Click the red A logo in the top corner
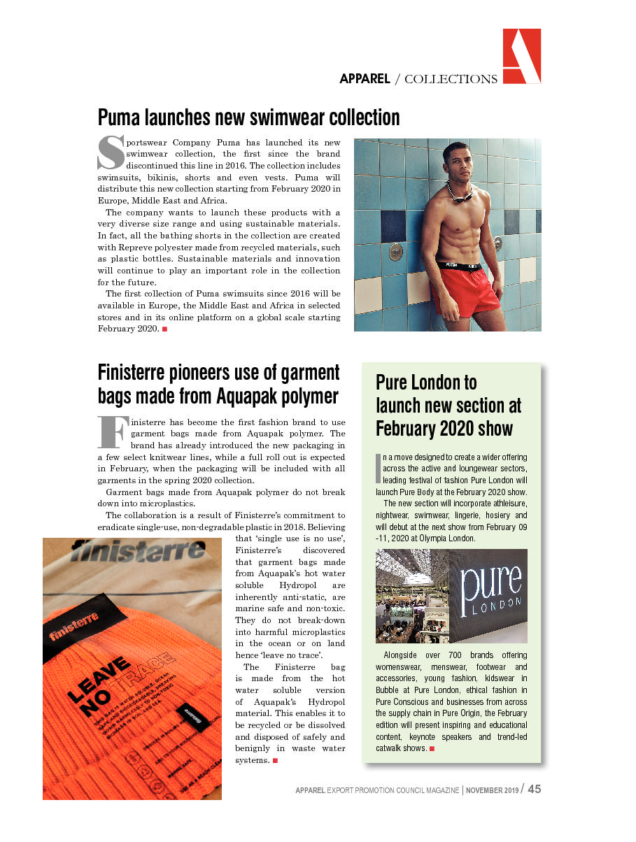pyautogui.click(x=521, y=56)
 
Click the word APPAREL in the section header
pyautogui.click(x=365, y=79)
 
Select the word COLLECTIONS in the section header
pyautogui.click(x=451, y=79)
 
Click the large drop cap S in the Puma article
pyautogui.click(x=110, y=152)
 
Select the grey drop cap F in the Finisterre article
pyautogui.click(x=112, y=432)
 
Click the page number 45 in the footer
pyautogui.click(x=535, y=789)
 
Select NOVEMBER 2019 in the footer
pyautogui.click(x=493, y=790)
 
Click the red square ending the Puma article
pyautogui.click(x=164, y=329)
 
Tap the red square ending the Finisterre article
pyautogui.click(x=276, y=760)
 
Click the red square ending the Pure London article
pyautogui.click(x=432, y=748)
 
